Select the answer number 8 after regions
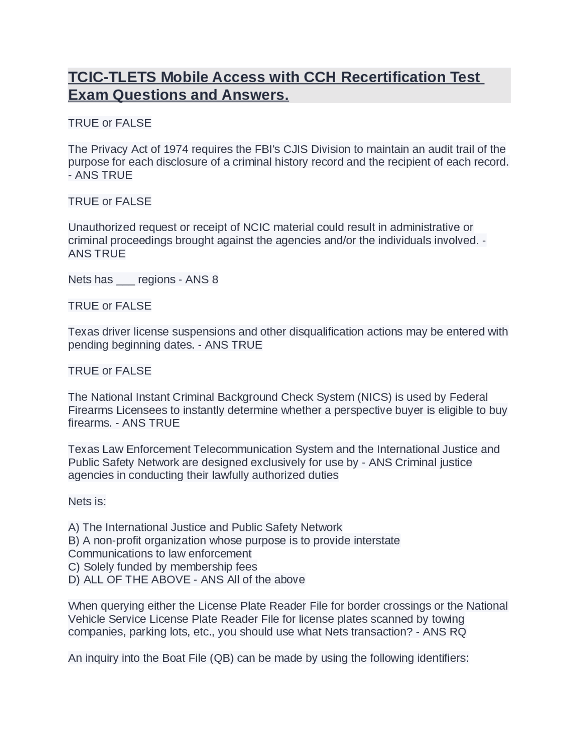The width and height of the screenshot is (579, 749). (x=215, y=280)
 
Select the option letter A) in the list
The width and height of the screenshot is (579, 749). (x=74, y=527)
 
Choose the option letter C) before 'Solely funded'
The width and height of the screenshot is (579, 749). (x=74, y=567)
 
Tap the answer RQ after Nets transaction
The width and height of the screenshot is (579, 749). (x=457, y=632)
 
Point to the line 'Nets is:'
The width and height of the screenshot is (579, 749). (x=87, y=502)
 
